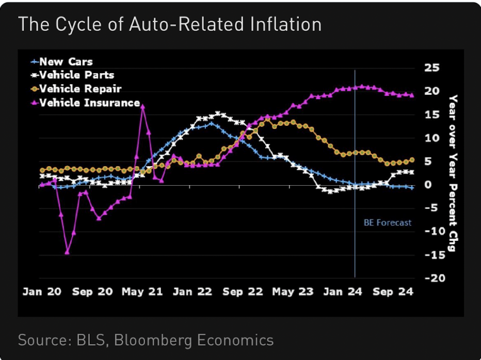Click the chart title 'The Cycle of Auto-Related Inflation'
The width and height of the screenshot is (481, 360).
click(x=170, y=24)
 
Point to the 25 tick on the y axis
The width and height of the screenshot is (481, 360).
click(x=431, y=68)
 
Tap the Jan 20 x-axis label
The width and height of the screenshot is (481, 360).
click(x=42, y=292)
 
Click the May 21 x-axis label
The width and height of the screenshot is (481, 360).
click(x=142, y=292)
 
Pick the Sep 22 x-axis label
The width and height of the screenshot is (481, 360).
click(x=243, y=292)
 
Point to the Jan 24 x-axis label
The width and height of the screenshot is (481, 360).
click(x=343, y=292)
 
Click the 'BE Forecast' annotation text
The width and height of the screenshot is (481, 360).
click(x=388, y=223)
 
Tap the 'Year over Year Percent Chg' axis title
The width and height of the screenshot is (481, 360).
click(x=453, y=173)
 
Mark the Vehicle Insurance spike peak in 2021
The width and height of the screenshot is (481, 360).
click(x=142, y=106)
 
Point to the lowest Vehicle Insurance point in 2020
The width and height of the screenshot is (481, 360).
click(x=67, y=252)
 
